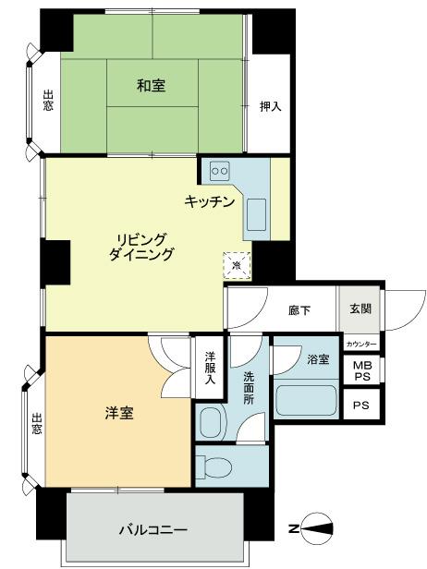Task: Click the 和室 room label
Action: (152, 86)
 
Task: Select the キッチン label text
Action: (209, 201)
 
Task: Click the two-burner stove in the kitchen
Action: (220, 171)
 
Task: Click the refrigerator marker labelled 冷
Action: (237, 264)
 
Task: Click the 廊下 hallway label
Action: (299, 310)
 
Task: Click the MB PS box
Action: (360, 369)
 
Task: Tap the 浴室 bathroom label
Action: (317, 358)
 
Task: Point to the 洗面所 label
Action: (250, 389)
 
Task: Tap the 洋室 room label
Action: (118, 412)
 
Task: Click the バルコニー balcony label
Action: (153, 530)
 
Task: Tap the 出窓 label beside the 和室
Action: (47, 101)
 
